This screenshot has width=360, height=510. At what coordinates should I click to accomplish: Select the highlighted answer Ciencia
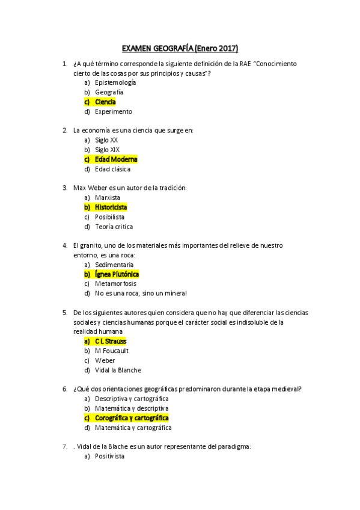click(105, 102)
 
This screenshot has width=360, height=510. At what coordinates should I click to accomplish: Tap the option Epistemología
click(115, 82)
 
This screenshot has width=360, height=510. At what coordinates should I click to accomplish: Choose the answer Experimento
click(113, 111)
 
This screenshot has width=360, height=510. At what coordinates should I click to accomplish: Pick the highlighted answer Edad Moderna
click(116, 159)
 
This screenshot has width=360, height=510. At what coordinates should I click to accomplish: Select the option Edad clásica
click(112, 169)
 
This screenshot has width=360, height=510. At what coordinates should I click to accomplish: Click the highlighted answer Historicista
click(111, 207)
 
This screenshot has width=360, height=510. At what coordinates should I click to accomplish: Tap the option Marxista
click(108, 197)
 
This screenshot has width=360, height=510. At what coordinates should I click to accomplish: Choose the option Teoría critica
click(114, 227)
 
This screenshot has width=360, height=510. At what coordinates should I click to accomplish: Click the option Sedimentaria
click(114, 265)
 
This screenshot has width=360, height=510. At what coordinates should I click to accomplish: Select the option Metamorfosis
click(115, 284)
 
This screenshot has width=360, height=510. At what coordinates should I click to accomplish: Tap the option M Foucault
click(112, 351)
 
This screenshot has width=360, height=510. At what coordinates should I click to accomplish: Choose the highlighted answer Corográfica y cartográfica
click(132, 418)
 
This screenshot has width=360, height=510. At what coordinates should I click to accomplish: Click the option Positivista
click(109, 456)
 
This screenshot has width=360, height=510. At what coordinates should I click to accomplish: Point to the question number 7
click(65, 447)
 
